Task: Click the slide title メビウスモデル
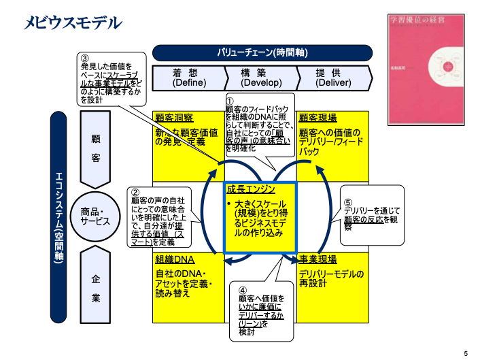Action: click(73, 23)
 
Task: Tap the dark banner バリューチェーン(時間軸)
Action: click(262, 53)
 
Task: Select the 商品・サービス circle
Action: click(96, 216)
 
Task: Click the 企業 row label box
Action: click(96, 288)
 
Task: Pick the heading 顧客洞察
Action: click(174, 117)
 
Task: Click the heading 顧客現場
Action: click(318, 117)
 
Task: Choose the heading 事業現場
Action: click(318, 259)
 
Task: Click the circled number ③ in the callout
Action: click(85, 59)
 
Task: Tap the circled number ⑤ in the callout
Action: click(348, 202)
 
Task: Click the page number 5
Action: click(465, 353)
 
